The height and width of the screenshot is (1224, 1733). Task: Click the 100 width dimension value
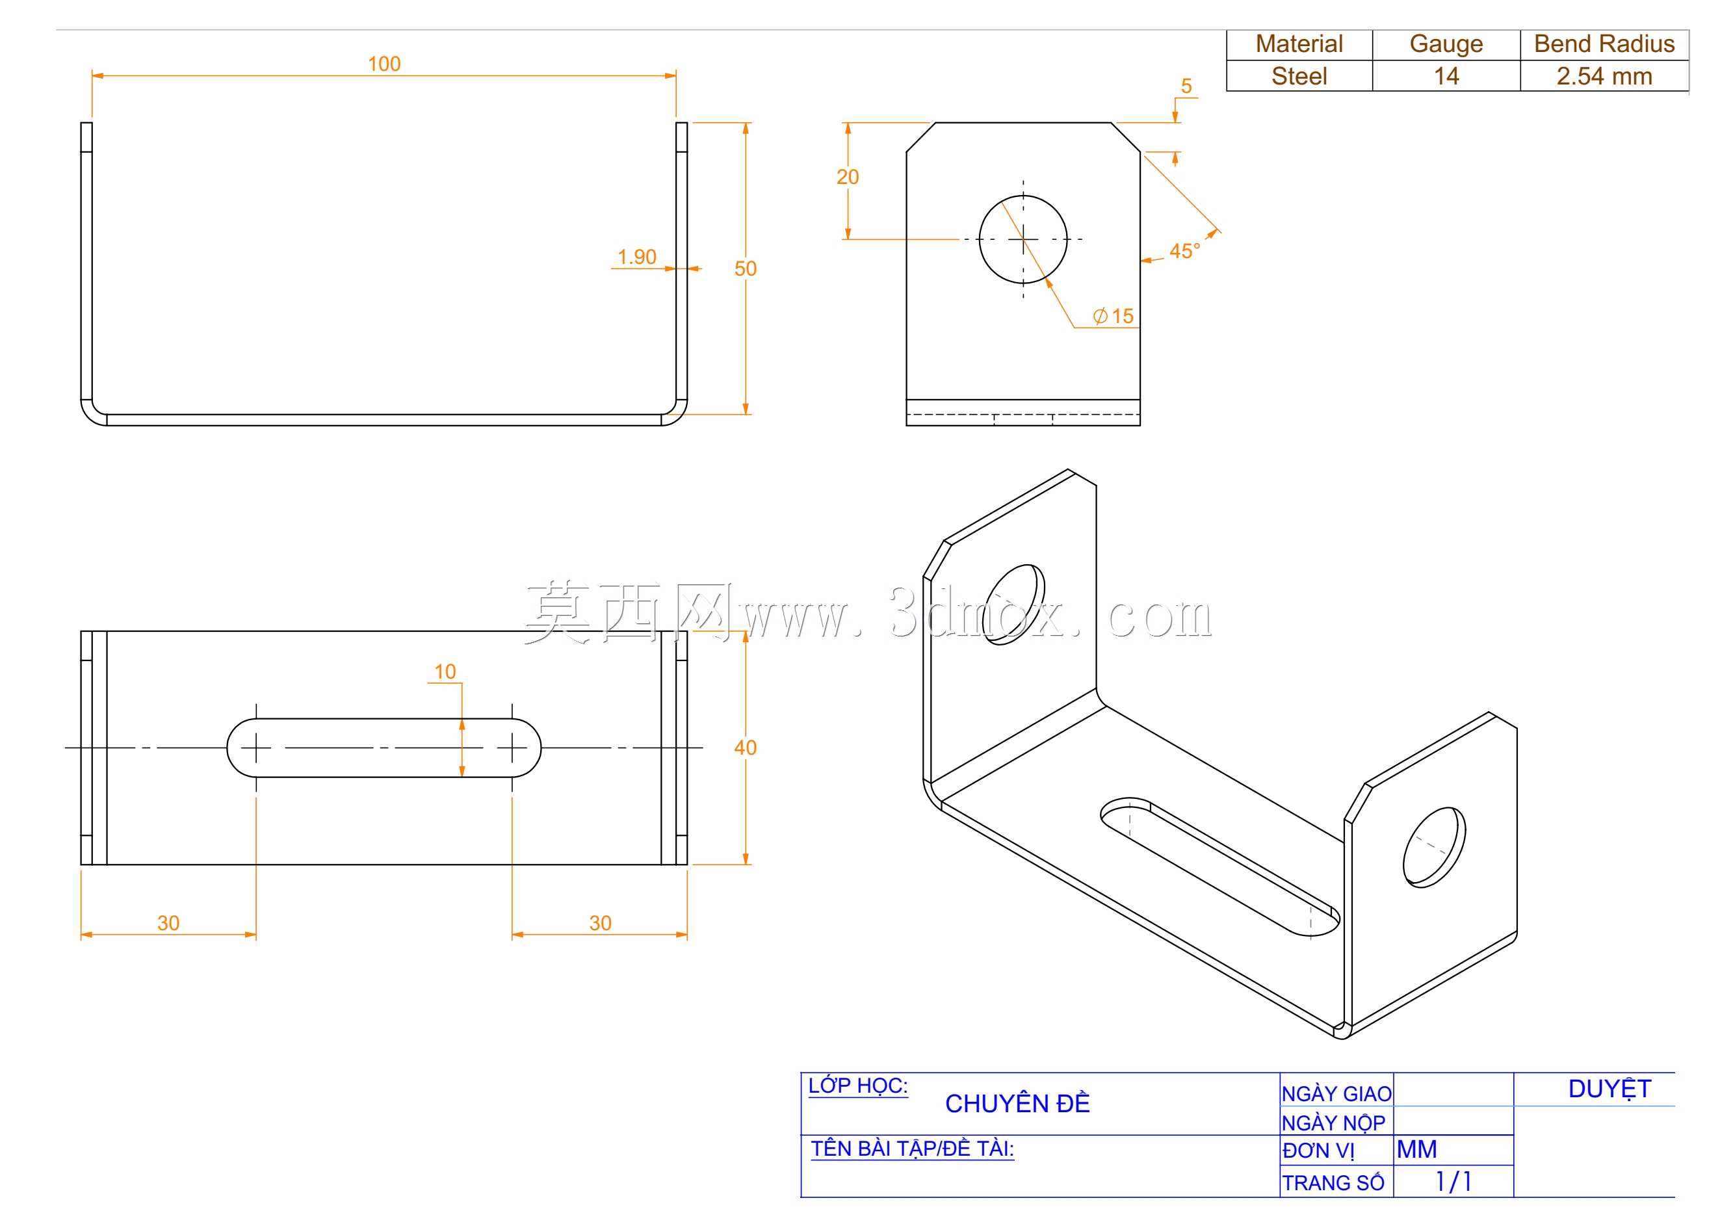click(384, 64)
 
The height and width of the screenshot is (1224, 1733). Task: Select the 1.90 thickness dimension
click(636, 257)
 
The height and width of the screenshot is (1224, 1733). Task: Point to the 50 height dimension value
click(745, 268)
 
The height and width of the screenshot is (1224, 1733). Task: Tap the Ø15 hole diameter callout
click(1114, 316)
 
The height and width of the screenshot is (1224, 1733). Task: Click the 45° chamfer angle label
click(1184, 252)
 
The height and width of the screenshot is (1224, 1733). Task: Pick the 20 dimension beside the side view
click(848, 177)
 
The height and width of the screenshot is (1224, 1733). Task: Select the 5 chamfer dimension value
click(1186, 86)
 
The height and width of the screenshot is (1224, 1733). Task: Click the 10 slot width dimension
click(445, 671)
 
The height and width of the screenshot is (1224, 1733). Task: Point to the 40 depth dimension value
click(745, 748)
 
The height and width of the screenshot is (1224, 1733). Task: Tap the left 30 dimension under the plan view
click(168, 923)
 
